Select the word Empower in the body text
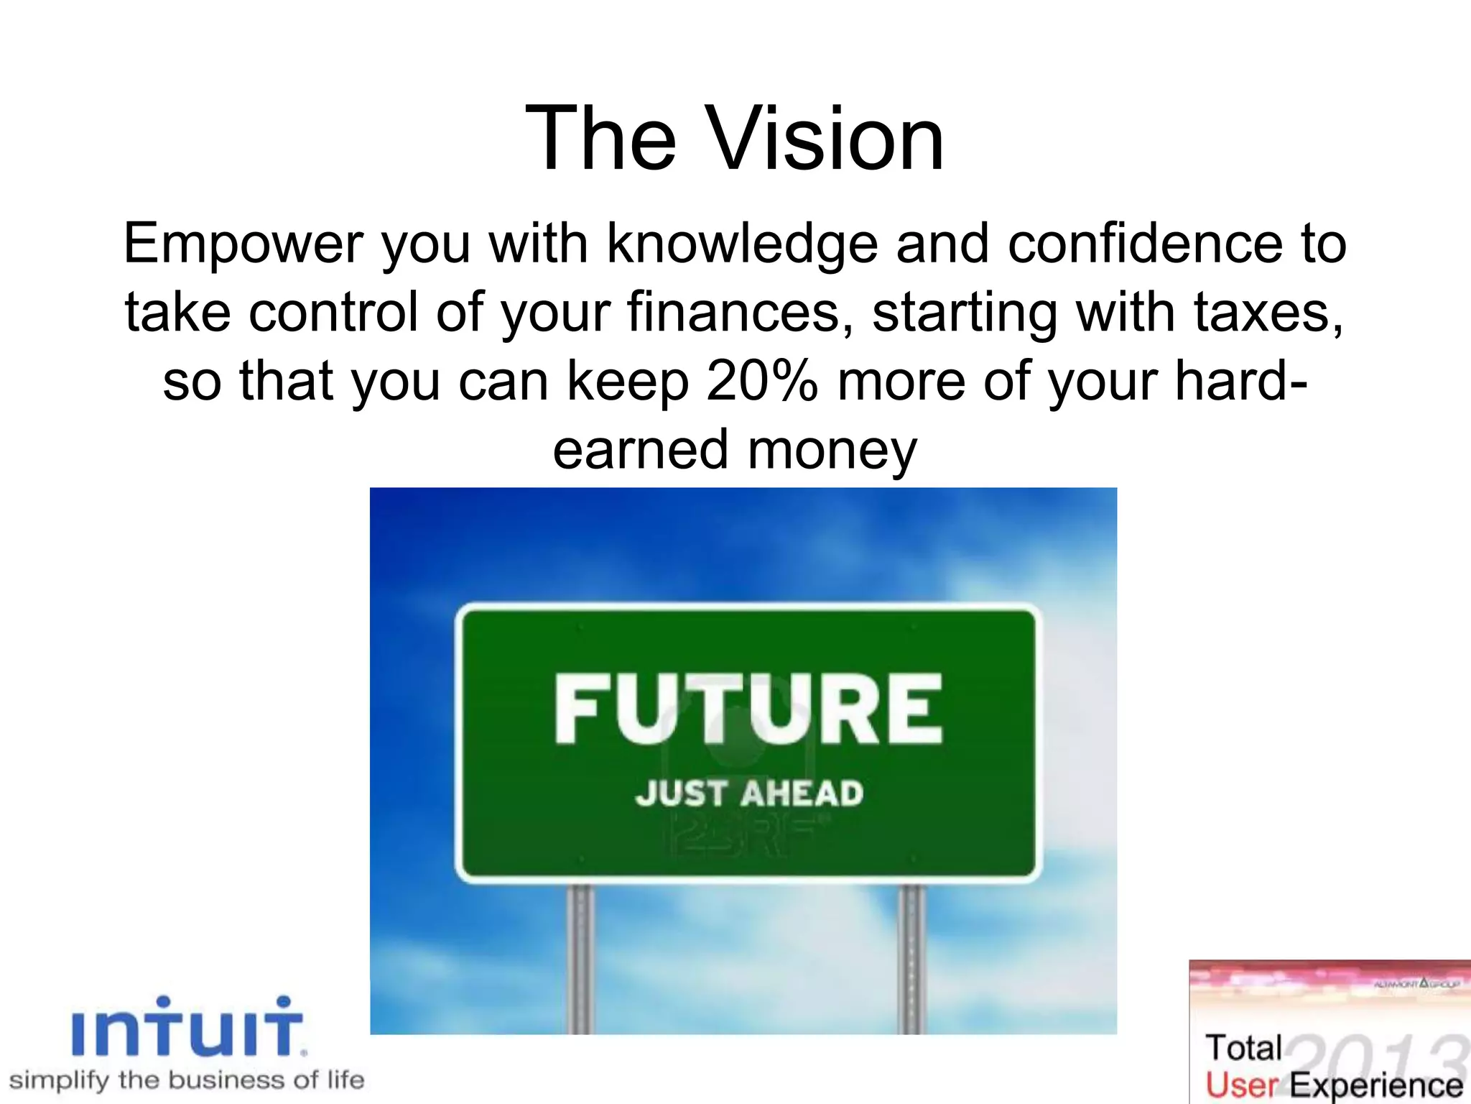[242, 244]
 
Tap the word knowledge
[742, 244]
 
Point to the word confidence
[1145, 244]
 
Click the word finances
[740, 313]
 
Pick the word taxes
[1268, 313]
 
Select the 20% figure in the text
[761, 382]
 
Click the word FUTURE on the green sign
[748, 709]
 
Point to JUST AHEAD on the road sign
[748, 793]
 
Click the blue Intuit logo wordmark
[188, 1028]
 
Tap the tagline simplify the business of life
[187, 1080]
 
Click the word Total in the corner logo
[1243, 1048]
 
